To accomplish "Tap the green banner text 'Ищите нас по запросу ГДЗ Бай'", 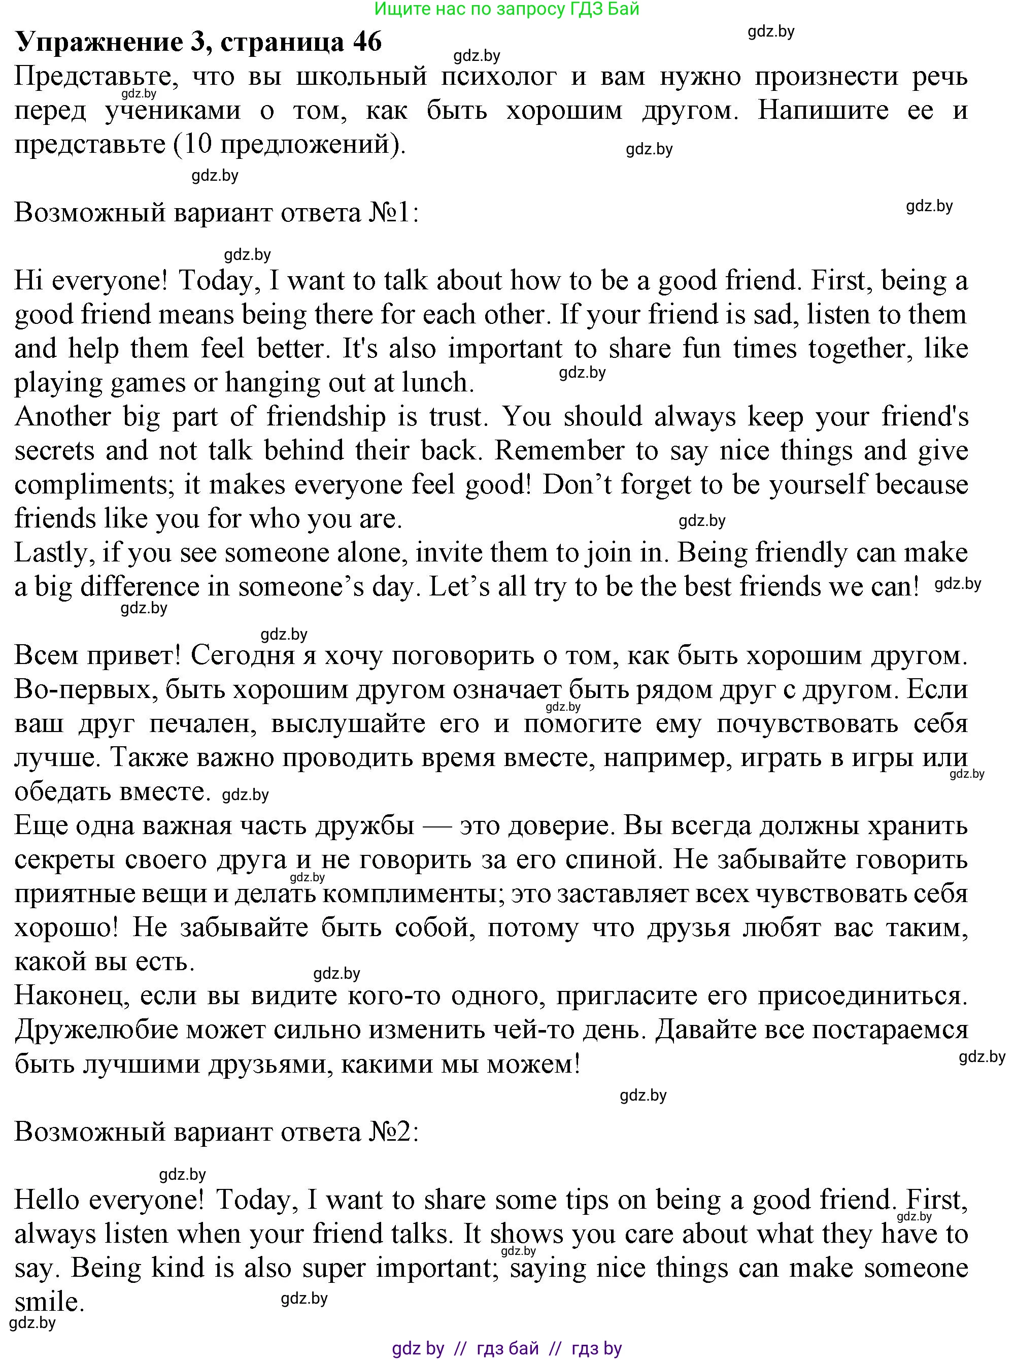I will (x=507, y=9).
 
